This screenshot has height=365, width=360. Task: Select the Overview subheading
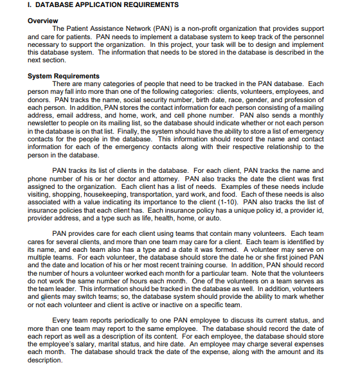coord(43,21)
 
